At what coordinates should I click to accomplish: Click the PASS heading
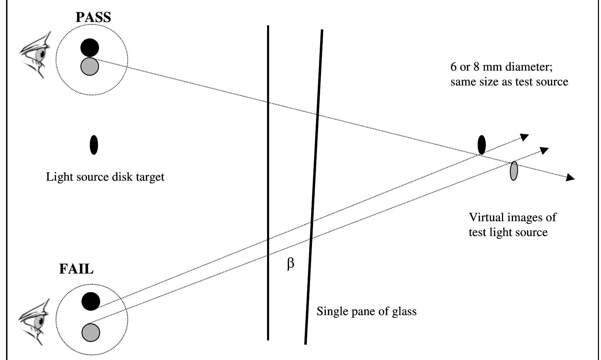coord(93,17)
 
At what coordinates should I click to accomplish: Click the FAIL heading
coord(76,269)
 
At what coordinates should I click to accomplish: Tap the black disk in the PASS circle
coord(90,48)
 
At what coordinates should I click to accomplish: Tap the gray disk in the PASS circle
coord(90,66)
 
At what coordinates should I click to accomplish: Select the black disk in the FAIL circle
coord(91,301)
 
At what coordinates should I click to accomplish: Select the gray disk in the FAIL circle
coord(91,332)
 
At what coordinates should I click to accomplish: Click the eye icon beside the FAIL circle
coord(35,322)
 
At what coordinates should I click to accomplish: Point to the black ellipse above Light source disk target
coord(94,145)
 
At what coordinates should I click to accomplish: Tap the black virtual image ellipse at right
coord(482,145)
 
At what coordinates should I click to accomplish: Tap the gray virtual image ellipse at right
coord(514,171)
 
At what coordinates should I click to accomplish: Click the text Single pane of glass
coord(366,311)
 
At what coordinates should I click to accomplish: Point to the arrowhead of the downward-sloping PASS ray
coord(570,177)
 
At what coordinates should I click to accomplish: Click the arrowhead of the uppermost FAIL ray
coord(524,137)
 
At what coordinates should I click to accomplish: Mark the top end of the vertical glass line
coord(268,26)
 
